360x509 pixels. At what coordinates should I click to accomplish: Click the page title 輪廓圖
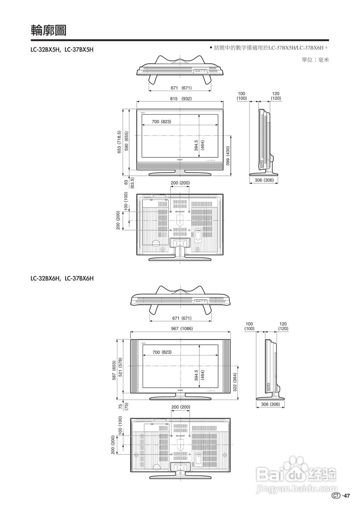pos(48,30)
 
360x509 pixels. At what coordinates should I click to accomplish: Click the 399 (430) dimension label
pos(228,156)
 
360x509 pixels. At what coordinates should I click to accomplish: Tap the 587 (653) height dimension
pos(114,371)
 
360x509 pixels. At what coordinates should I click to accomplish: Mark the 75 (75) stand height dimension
pos(123,406)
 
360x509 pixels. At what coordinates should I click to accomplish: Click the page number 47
pos(346,495)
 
